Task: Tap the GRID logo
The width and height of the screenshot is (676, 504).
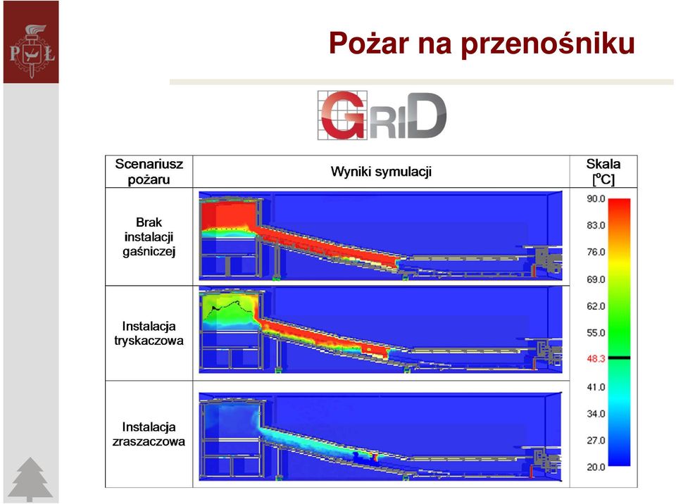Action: [x=382, y=115]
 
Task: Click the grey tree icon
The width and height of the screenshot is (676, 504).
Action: [x=30, y=479]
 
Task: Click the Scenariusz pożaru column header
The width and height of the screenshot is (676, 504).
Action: [x=149, y=172]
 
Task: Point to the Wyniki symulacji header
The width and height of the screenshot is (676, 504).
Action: [x=381, y=172]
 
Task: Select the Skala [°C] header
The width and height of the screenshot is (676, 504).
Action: [x=603, y=172]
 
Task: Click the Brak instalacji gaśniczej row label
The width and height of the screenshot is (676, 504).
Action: [x=149, y=237]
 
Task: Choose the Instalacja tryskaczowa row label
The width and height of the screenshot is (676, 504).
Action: [x=149, y=333]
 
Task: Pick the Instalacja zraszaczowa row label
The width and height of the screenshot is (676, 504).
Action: [x=149, y=434]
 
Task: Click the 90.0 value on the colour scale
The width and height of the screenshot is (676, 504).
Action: [x=596, y=199]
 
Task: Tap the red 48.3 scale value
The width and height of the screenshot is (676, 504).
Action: [x=596, y=359]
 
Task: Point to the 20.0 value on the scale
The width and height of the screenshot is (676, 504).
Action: [x=596, y=467]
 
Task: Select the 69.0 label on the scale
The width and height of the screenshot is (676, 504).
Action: [x=596, y=279]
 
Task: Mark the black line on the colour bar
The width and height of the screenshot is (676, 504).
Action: [x=619, y=358]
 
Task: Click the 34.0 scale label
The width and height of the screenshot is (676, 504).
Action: [x=596, y=414]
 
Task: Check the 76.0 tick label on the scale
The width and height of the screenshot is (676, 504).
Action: [x=596, y=252]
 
